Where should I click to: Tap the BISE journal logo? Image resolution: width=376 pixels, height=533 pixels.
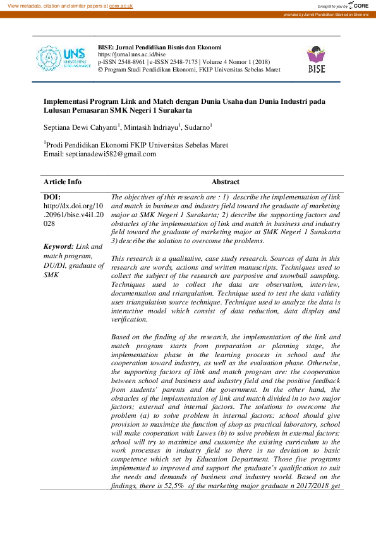[x=316, y=59]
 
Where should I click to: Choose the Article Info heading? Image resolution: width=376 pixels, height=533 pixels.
[x=63, y=182]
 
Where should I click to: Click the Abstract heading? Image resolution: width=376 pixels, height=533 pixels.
[x=226, y=182]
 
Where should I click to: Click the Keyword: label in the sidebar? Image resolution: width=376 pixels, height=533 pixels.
[x=58, y=246]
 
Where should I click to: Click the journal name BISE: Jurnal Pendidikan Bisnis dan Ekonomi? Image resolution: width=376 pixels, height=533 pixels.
[x=159, y=47]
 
